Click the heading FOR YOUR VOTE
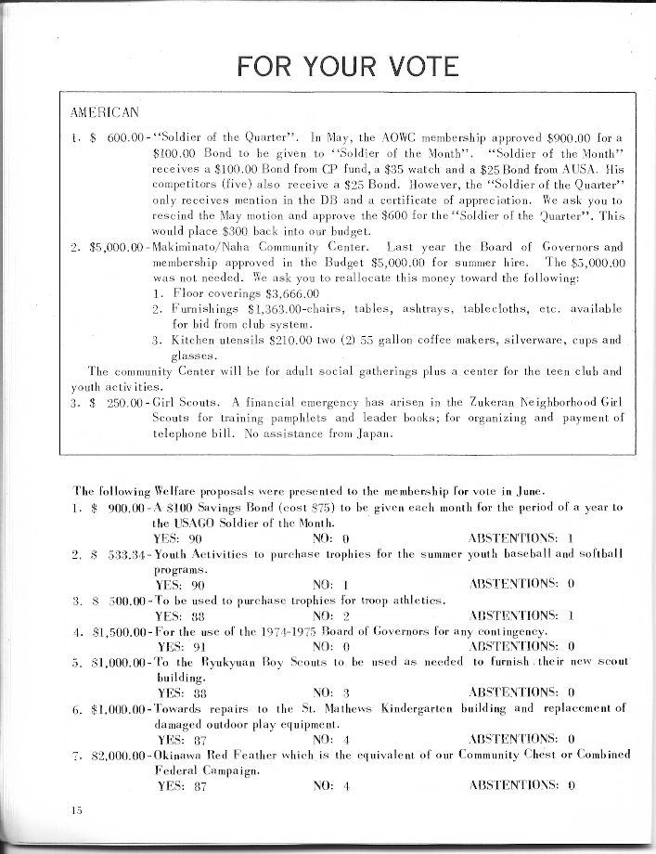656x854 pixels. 348,67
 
